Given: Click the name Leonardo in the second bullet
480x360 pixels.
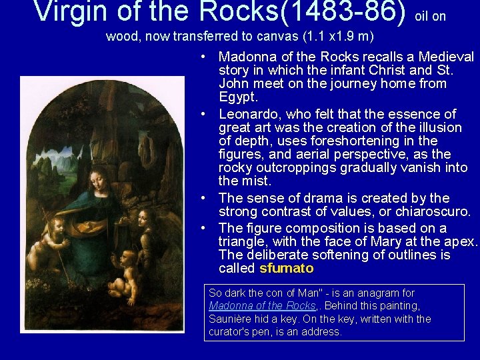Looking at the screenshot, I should [249, 114].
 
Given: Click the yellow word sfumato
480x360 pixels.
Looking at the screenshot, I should [286, 268].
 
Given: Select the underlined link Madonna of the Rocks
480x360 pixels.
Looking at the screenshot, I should [261, 305].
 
